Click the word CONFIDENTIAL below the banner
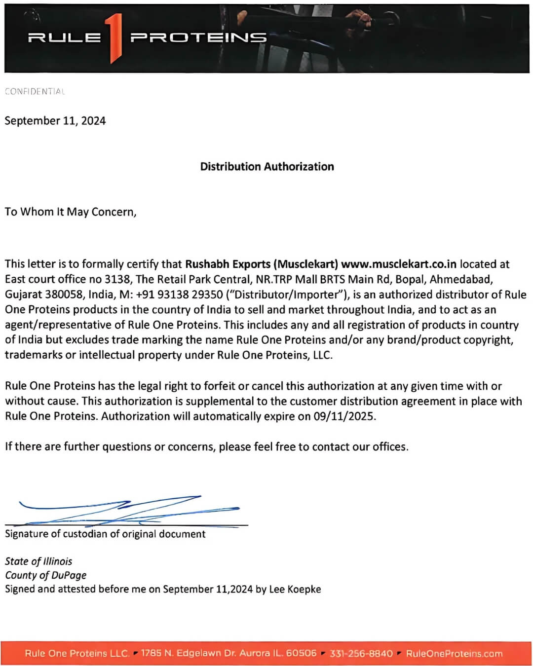pyautogui.click(x=35, y=91)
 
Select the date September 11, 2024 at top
pyautogui.click(x=55, y=121)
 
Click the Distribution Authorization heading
pyautogui.click(x=266, y=167)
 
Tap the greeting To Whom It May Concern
pyautogui.click(x=70, y=212)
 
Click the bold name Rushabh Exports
pyautogui.click(x=228, y=264)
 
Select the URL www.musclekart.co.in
pyautogui.click(x=398, y=264)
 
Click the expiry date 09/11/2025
pyautogui.click(x=344, y=416)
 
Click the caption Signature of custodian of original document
pyautogui.click(x=105, y=534)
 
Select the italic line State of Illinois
pyautogui.click(x=38, y=561)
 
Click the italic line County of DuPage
pyautogui.click(x=45, y=575)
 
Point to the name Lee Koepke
pyautogui.click(x=295, y=590)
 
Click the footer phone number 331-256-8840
pyautogui.click(x=361, y=654)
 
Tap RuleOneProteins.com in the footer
pyautogui.click(x=454, y=654)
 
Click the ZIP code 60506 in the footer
pyautogui.click(x=301, y=653)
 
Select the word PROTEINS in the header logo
pyautogui.click(x=198, y=37)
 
